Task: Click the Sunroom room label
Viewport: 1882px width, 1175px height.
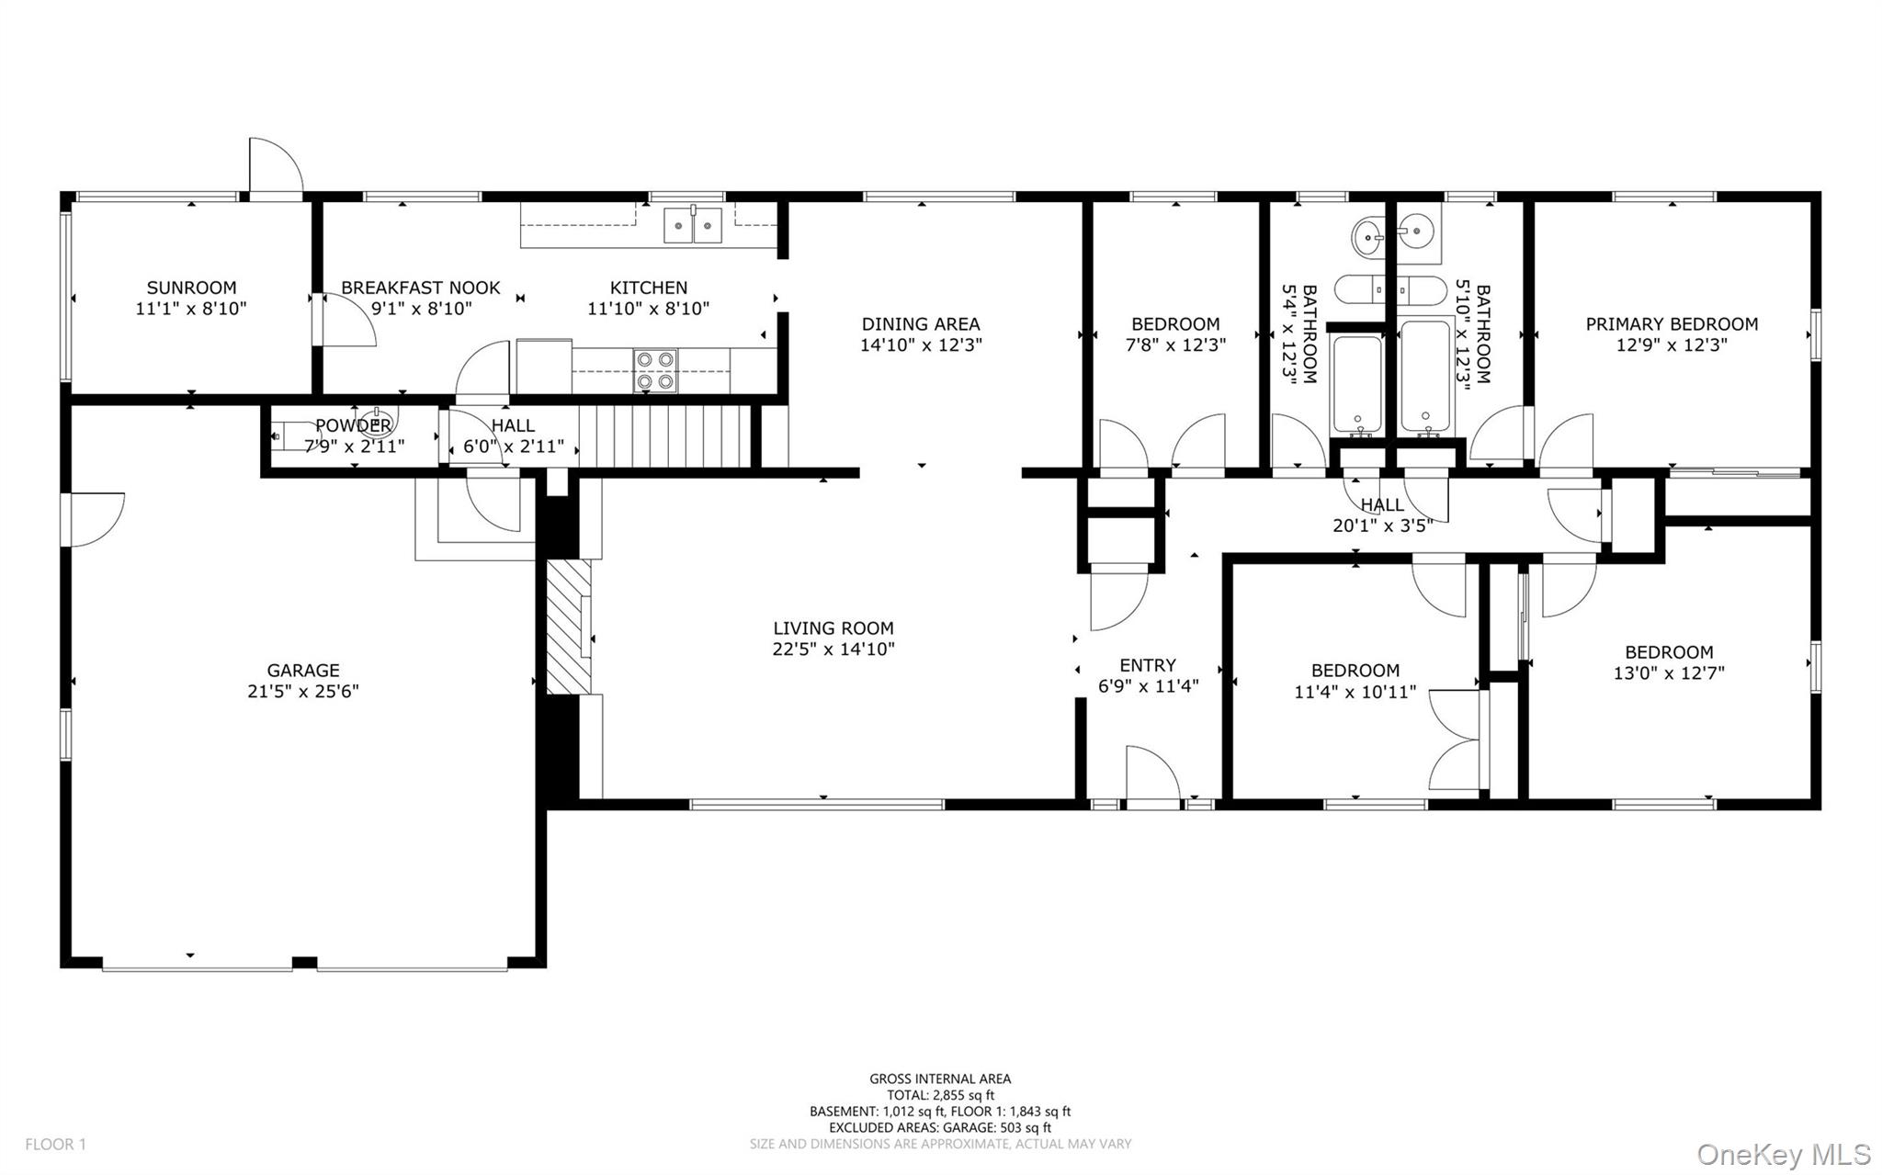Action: (191, 288)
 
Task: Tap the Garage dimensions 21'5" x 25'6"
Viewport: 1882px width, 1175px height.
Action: (302, 692)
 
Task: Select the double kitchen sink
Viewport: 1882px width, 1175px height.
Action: (693, 225)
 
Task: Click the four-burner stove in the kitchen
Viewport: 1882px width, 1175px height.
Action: (654, 370)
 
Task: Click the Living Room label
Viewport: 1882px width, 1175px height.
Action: (833, 628)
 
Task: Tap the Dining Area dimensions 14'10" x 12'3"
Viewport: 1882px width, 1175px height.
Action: (921, 345)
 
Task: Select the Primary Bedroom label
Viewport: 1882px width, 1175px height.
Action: (1671, 323)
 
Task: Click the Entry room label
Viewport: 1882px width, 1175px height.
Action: (1148, 665)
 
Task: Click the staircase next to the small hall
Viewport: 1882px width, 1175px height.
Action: (666, 436)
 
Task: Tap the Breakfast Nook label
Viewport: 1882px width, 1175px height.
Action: (421, 288)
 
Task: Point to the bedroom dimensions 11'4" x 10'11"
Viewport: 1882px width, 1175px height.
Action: (1355, 692)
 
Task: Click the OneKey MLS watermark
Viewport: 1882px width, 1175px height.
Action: (1784, 1154)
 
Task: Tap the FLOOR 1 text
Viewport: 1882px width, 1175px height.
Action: (55, 1145)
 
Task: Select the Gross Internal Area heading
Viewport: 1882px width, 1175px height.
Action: (940, 1079)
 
